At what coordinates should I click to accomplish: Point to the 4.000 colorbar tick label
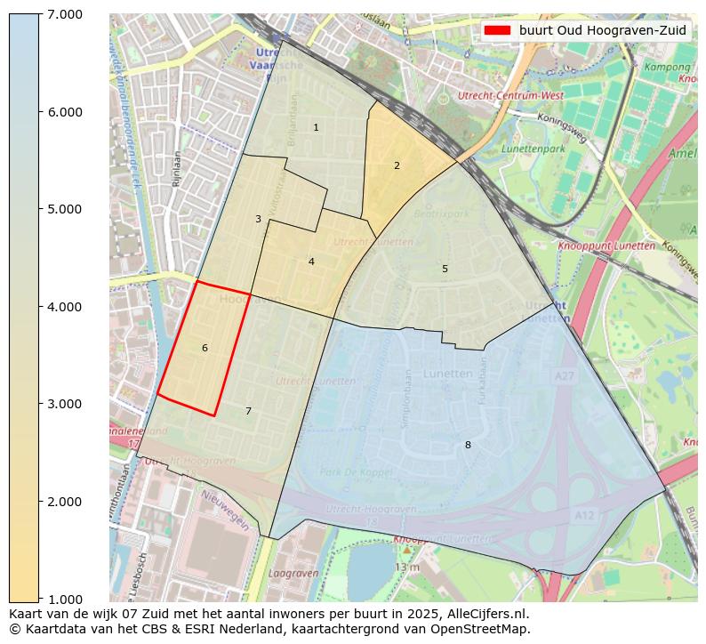point(64,307)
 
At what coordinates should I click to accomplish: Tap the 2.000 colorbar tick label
point(64,502)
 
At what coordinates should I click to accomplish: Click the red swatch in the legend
point(497,30)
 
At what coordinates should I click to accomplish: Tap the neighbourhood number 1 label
point(316,128)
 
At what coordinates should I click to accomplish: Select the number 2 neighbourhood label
point(397,165)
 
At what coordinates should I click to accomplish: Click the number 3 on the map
point(258,219)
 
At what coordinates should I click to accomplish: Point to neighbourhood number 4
point(311,262)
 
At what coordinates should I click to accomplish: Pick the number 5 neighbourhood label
point(445,269)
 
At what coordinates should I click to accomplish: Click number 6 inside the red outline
point(205,348)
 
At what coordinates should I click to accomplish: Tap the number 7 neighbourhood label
point(248,411)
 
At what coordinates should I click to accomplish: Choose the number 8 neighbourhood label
point(468,445)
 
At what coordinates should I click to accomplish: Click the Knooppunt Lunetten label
point(606,246)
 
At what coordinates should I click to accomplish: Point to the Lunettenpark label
point(533,149)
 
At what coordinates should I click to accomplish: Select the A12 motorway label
point(584,515)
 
